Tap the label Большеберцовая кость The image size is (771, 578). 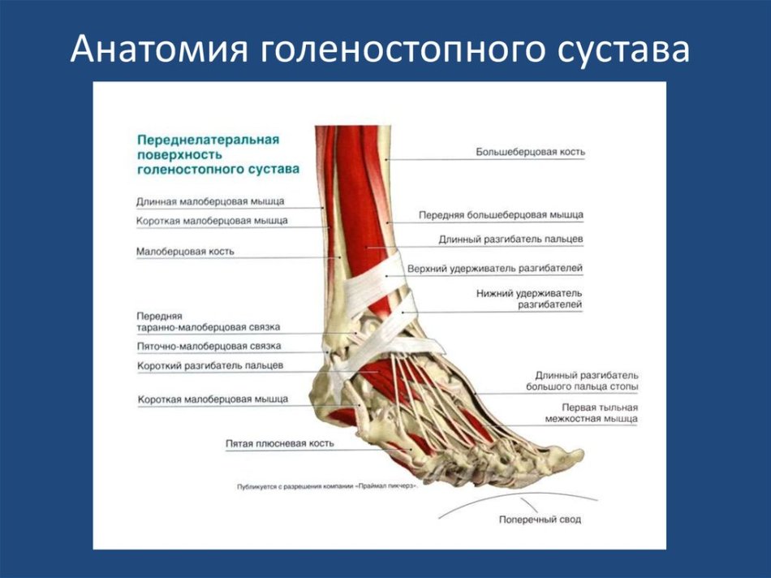coord(530,152)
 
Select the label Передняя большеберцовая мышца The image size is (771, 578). coord(501,215)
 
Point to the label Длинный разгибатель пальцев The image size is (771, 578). coord(510,239)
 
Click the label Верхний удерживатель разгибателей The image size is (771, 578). coord(495,269)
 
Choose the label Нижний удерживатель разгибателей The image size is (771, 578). coord(529,299)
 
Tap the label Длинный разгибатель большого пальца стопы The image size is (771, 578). coord(582,382)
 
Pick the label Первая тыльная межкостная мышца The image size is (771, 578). coord(592,413)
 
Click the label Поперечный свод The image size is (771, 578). coord(540,520)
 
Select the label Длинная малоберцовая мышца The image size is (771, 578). coord(210,201)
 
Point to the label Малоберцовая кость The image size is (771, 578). coord(185,252)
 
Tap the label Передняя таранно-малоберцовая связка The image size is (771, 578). coord(209,321)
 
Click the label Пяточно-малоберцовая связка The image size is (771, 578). coord(209,347)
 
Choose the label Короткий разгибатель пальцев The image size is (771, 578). coord(210,366)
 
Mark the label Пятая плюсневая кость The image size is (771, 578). coord(280,443)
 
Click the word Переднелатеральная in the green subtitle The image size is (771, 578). coord(209,139)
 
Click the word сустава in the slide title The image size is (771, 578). coord(623,50)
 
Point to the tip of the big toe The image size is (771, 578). coord(584,455)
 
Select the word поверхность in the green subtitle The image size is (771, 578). coord(180,154)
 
